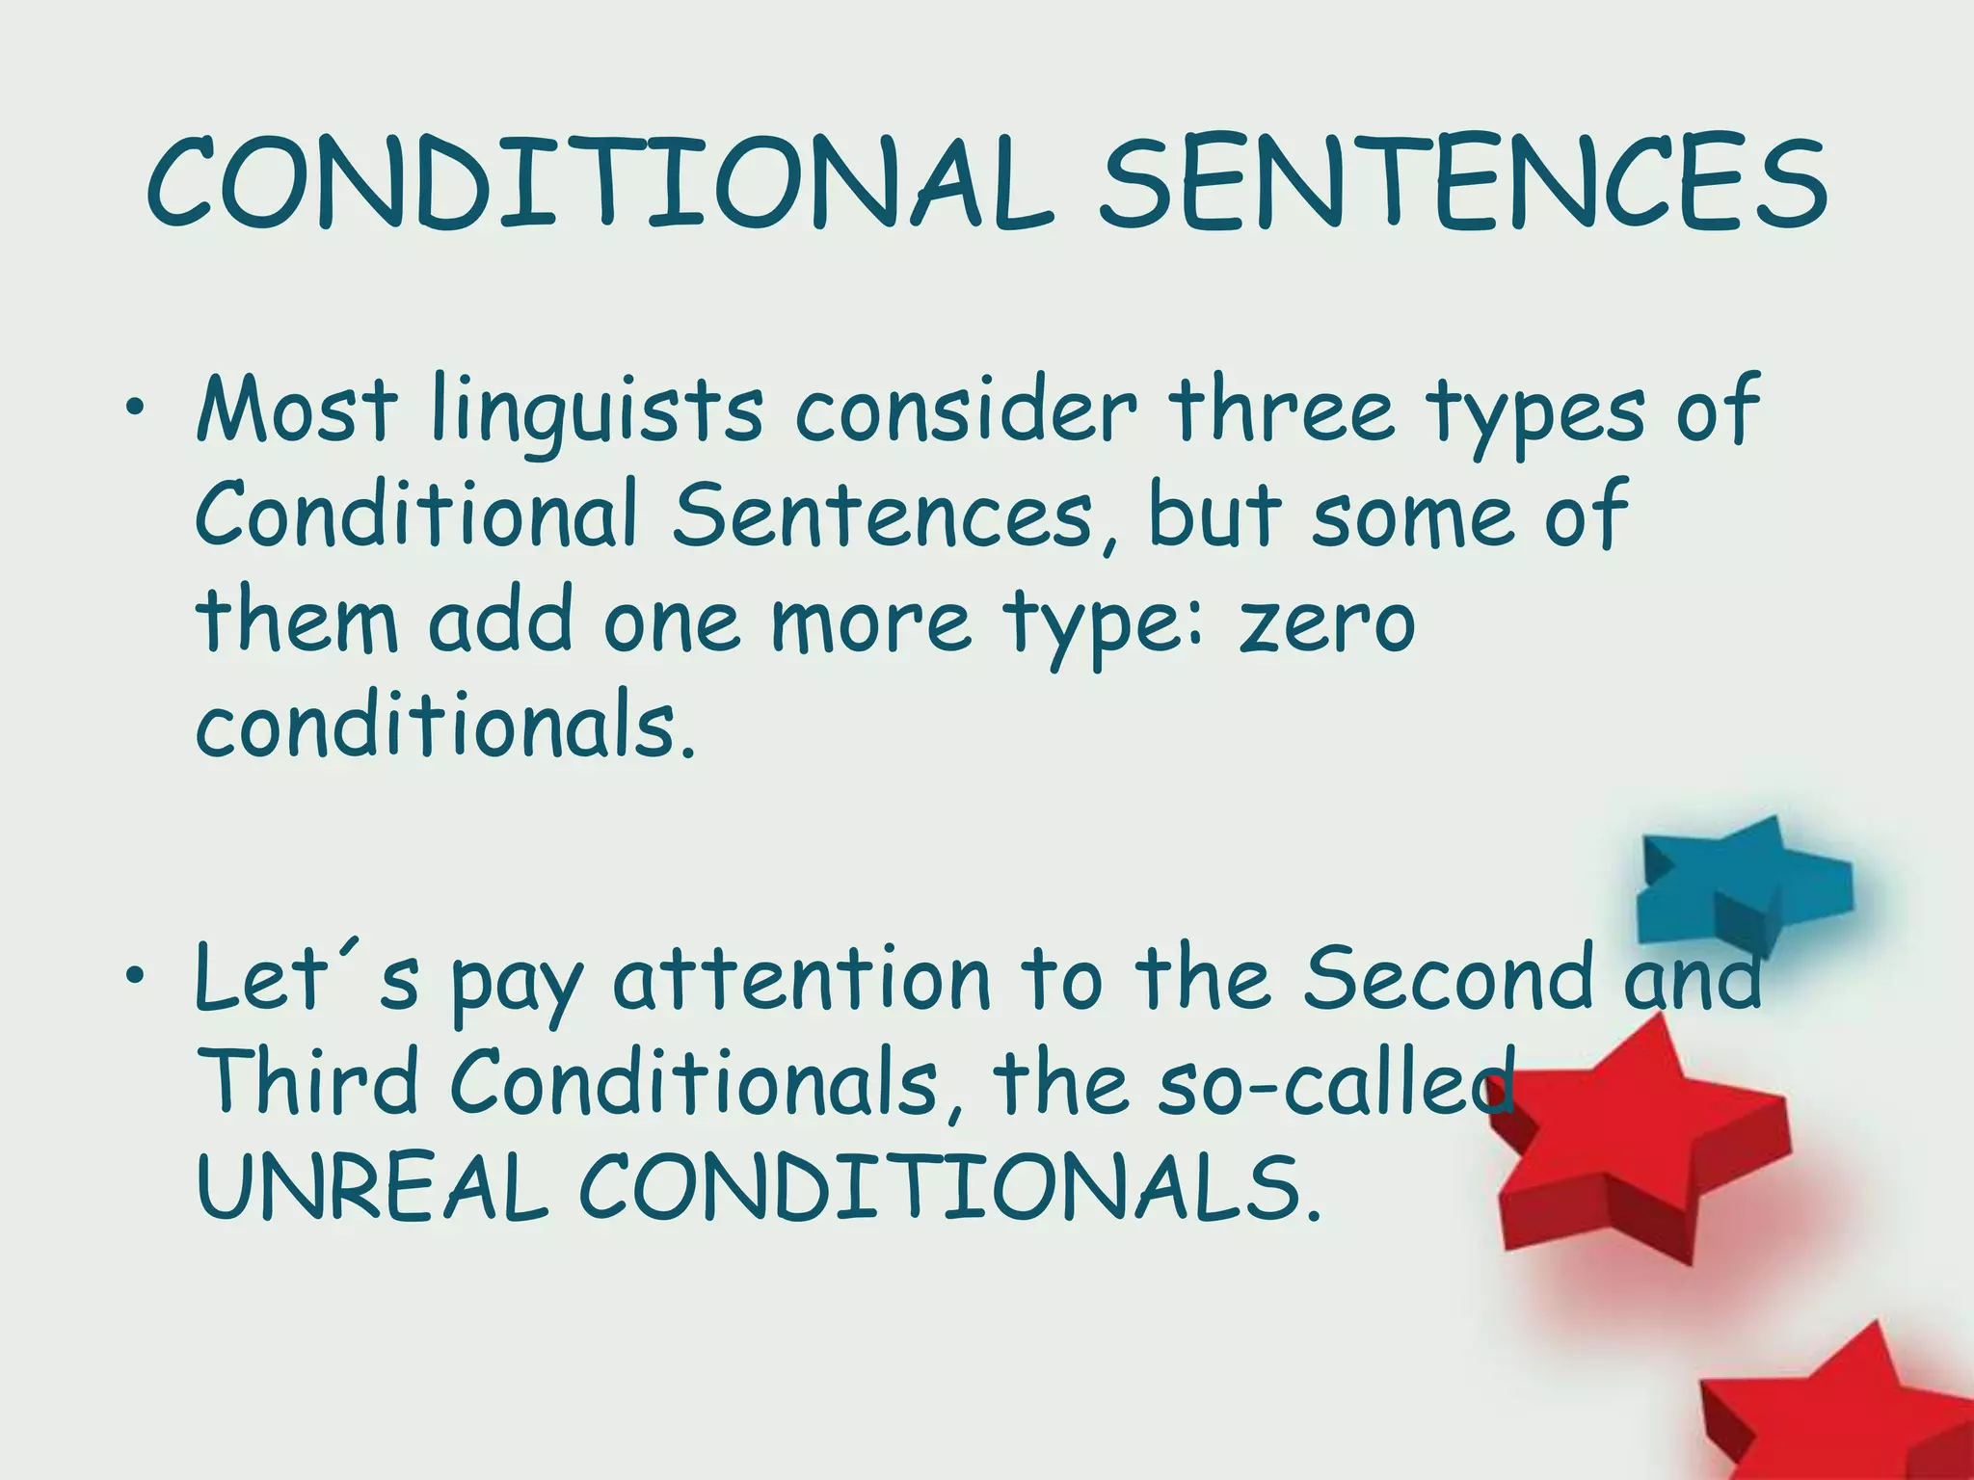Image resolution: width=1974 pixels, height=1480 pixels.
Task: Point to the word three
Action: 1282,410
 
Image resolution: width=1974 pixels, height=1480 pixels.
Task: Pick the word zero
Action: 1327,621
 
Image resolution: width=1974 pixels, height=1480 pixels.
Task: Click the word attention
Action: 803,979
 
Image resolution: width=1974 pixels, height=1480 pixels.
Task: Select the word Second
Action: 1447,977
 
